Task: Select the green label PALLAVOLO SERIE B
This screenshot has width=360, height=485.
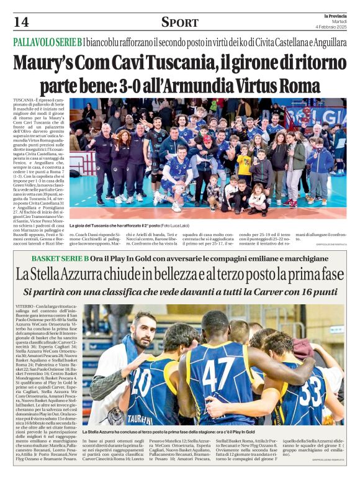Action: [x=47, y=42]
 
